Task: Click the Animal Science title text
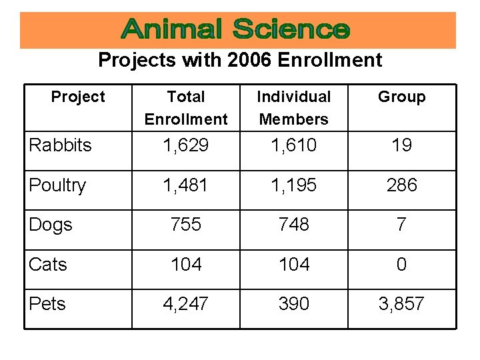[x=237, y=30]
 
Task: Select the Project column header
[x=78, y=97]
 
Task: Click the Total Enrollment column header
[x=186, y=108]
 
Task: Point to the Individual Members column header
[x=294, y=108]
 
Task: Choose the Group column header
[x=401, y=97]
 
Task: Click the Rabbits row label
[x=61, y=145]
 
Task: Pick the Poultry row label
[x=58, y=185]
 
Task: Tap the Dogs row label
[x=51, y=225]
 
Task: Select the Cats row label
[x=48, y=265]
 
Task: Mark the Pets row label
[x=47, y=304]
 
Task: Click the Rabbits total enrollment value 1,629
[x=186, y=145]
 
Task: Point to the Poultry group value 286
[x=401, y=185]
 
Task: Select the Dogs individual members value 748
[x=294, y=225]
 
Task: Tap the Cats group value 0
[x=401, y=265]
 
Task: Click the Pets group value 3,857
[x=401, y=304]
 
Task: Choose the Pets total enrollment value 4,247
[x=186, y=304]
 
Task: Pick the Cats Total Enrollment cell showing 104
[x=186, y=265]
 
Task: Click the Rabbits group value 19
[x=401, y=145]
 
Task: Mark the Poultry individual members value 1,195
[x=294, y=185]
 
